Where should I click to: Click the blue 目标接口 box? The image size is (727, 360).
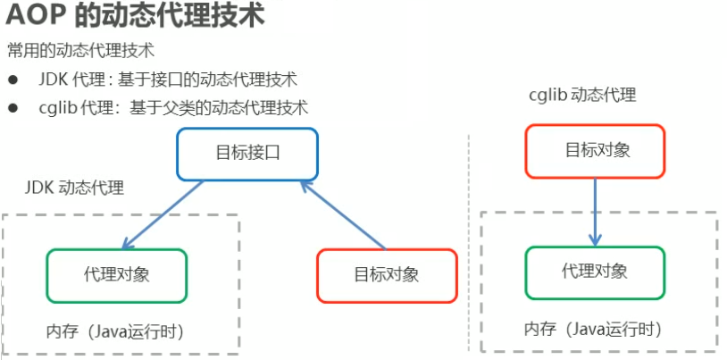tap(247, 154)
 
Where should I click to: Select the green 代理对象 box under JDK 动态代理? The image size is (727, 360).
tap(117, 275)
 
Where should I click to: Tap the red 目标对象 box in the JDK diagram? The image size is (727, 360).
tap(387, 275)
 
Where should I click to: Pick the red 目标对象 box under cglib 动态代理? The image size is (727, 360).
tap(595, 151)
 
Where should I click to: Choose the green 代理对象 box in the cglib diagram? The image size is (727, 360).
tap(595, 272)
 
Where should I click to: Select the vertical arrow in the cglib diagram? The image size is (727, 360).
tap(595, 211)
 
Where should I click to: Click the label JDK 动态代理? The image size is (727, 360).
tap(74, 188)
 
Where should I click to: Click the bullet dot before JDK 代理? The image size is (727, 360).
tap(13, 80)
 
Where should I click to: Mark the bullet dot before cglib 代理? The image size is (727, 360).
tap(13, 108)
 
